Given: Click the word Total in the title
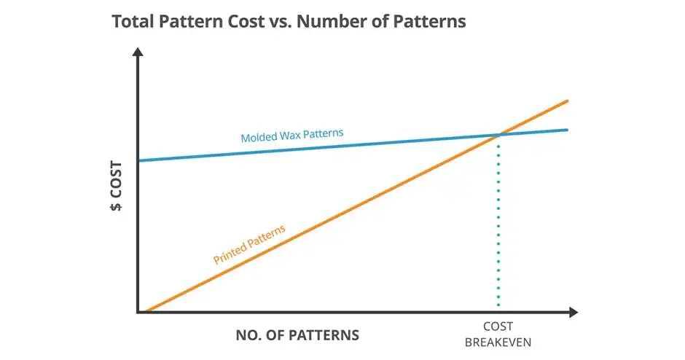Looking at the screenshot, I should [x=133, y=21].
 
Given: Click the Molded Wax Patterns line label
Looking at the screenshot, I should [x=291, y=136].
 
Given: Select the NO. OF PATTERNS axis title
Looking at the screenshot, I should [x=297, y=336].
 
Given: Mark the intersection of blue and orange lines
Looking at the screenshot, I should [x=499, y=135].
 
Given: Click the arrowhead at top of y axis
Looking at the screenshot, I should [x=138, y=54].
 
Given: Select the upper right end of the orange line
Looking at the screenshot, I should [x=565, y=101].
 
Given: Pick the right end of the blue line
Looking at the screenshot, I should [x=565, y=130].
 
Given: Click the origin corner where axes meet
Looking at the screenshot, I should [x=138, y=312].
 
